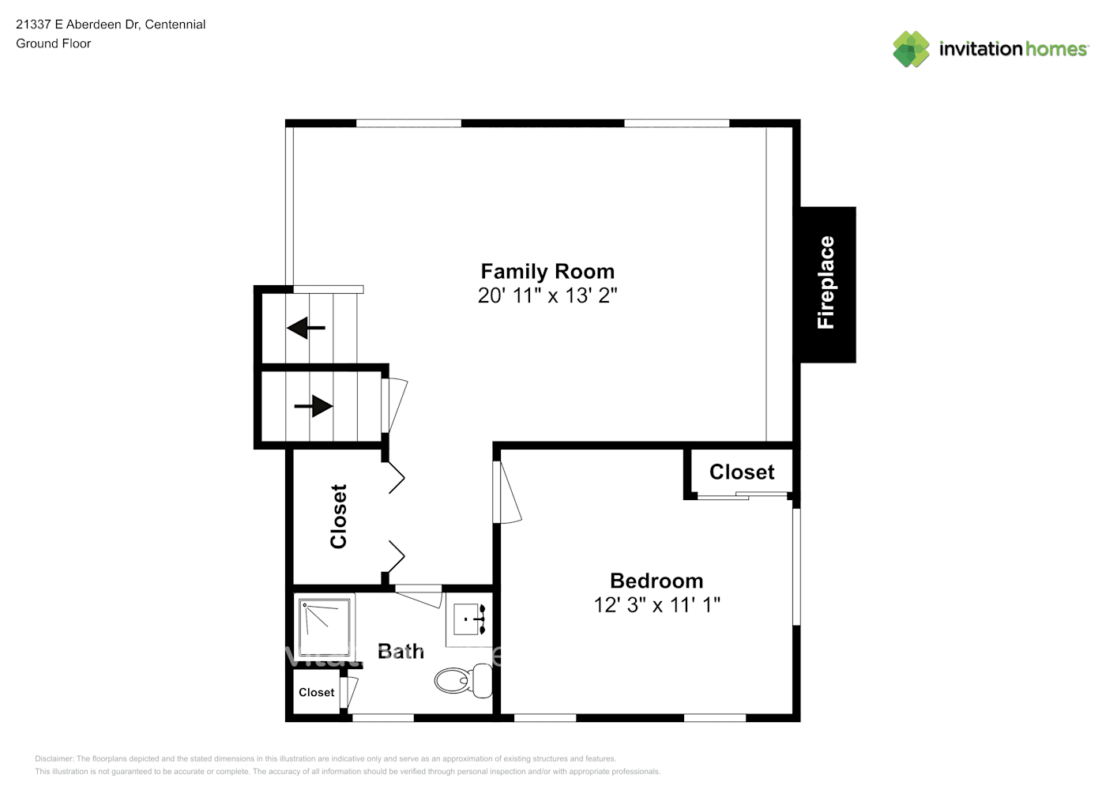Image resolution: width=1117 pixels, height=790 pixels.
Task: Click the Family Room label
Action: click(547, 271)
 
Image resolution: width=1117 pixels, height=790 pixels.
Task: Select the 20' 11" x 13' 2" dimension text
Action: click(547, 295)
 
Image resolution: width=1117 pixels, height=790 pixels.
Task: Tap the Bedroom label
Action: click(656, 581)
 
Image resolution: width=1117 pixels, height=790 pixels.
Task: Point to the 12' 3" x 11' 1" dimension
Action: click(656, 605)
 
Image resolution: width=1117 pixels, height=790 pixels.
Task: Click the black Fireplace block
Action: click(827, 284)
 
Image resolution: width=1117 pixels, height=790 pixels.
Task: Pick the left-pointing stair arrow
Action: click(306, 327)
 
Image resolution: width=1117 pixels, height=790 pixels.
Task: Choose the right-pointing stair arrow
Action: click(314, 406)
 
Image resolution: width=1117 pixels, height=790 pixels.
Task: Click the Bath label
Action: click(401, 652)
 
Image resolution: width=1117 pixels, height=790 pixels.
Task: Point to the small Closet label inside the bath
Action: click(316, 693)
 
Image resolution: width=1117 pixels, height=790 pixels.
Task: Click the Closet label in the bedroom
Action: click(742, 472)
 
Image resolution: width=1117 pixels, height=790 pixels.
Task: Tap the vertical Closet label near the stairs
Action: click(339, 516)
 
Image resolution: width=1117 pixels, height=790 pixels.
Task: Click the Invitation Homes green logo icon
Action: click(911, 49)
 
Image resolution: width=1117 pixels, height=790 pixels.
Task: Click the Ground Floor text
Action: click(54, 44)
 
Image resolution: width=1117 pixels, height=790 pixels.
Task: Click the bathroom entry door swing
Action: click(419, 596)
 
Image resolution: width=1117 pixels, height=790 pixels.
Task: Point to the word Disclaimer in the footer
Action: click(54, 758)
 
